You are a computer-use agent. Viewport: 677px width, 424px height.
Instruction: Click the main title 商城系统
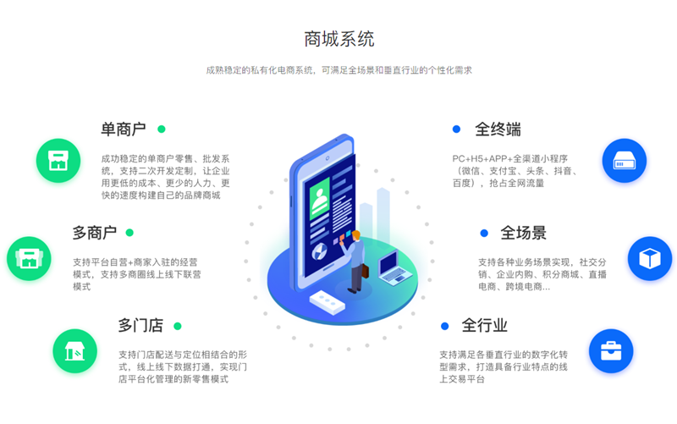pos(339,39)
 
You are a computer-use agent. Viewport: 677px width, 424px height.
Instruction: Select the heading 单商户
pos(123,129)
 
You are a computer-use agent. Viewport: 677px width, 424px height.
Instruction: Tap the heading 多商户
pos(95,233)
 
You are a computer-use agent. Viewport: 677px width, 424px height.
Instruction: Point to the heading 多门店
pos(140,325)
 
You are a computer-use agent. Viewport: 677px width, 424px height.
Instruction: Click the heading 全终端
pos(498,129)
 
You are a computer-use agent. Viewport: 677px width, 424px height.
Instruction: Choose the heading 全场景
pos(523,233)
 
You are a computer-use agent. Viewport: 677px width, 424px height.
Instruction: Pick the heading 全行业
pos(484,325)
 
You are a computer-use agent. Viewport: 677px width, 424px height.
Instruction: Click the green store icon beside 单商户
pos(58,161)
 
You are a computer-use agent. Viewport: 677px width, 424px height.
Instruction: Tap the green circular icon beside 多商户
pos(29,259)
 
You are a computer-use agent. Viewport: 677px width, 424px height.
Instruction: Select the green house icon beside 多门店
pos(74,351)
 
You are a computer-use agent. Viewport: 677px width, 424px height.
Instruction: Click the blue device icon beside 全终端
pos(625,161)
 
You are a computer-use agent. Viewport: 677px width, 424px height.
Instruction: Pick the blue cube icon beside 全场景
pos(650,259)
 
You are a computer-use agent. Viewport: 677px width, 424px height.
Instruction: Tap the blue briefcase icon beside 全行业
pos(611,351)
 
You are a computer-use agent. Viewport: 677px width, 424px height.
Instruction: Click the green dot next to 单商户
pos(162,129)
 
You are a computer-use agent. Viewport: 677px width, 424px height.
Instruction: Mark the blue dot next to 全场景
pos(484,233)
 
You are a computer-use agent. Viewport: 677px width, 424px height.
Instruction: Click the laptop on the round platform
pos(392,267)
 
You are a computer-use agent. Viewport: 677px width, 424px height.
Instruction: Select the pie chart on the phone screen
pos(320,251)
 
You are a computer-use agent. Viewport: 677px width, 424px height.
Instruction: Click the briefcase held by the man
pos(366,271)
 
